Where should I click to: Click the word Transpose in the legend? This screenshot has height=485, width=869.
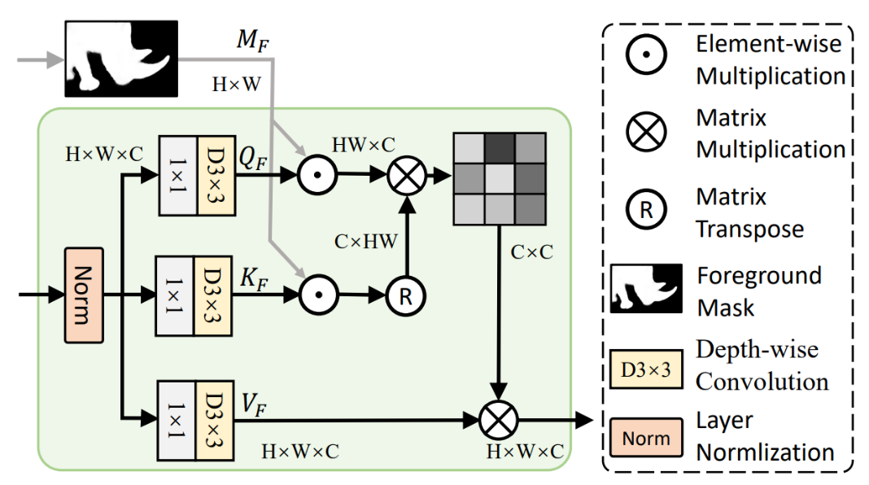pyautogui.click(x=749, y=229)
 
